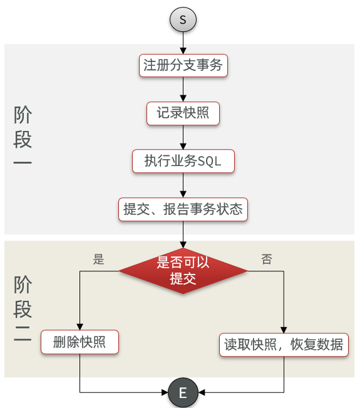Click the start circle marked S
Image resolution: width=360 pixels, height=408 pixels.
[183, 19]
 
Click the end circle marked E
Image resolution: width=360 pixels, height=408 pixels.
[183, 392]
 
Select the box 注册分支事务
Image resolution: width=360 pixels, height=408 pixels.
[183, 65]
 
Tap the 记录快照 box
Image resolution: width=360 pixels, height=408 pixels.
[183, 113]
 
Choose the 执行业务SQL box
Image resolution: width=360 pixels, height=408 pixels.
[183, 161]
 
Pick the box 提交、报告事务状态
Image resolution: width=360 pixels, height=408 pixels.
[183, 209]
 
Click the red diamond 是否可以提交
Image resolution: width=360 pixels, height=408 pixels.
[183, 271]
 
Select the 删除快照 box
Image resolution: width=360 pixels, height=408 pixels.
[80, 342]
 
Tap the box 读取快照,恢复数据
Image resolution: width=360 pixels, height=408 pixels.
[284, 345]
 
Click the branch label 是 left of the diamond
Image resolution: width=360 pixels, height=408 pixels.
[98, 259]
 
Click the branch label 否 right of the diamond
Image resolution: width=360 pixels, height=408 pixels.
[267, 259]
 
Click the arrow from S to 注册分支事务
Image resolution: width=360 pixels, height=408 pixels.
[183, 43]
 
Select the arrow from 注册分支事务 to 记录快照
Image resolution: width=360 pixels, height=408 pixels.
[183, 89]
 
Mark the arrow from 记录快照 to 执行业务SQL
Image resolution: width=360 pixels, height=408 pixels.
[183, 137]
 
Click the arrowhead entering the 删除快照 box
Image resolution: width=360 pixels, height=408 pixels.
[80, 327]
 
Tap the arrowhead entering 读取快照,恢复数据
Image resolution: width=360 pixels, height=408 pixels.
[284, 330]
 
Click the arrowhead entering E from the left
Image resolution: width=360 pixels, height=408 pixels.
[165, 392]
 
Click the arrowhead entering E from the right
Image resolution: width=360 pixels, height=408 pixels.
[202, 392]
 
